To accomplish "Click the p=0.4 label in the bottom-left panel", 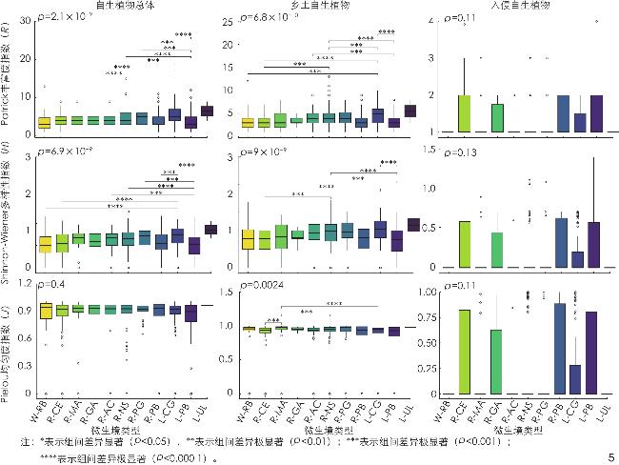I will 53,283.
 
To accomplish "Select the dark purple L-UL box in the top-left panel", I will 207,111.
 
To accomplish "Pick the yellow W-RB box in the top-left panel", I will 44,122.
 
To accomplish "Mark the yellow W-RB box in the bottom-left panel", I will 44,310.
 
